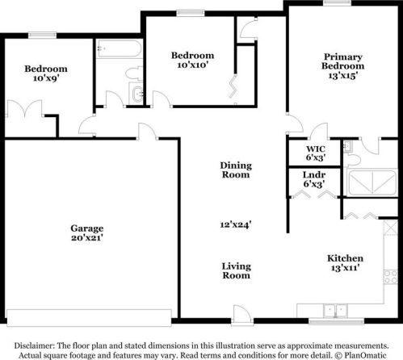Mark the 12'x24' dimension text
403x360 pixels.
236,225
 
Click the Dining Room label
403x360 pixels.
236,170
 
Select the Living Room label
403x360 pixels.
236,270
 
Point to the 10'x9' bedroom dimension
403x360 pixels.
44,80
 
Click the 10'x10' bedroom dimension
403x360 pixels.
192,66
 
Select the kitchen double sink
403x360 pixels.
332,309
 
